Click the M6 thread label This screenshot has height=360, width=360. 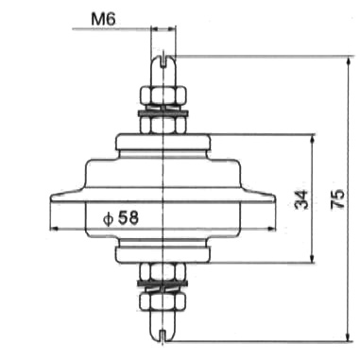(104, 19)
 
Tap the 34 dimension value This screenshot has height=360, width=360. (301, 199)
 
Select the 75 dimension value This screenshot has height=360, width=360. (338, 198)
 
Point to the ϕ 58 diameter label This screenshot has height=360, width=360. (121, 218)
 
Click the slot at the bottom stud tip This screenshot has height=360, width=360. (163, 336)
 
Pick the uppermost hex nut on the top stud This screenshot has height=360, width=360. (163, 95)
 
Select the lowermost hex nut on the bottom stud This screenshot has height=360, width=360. (163, 301)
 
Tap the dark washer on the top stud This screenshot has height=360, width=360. (163, 112)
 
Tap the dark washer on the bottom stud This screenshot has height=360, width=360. (163, 283)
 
